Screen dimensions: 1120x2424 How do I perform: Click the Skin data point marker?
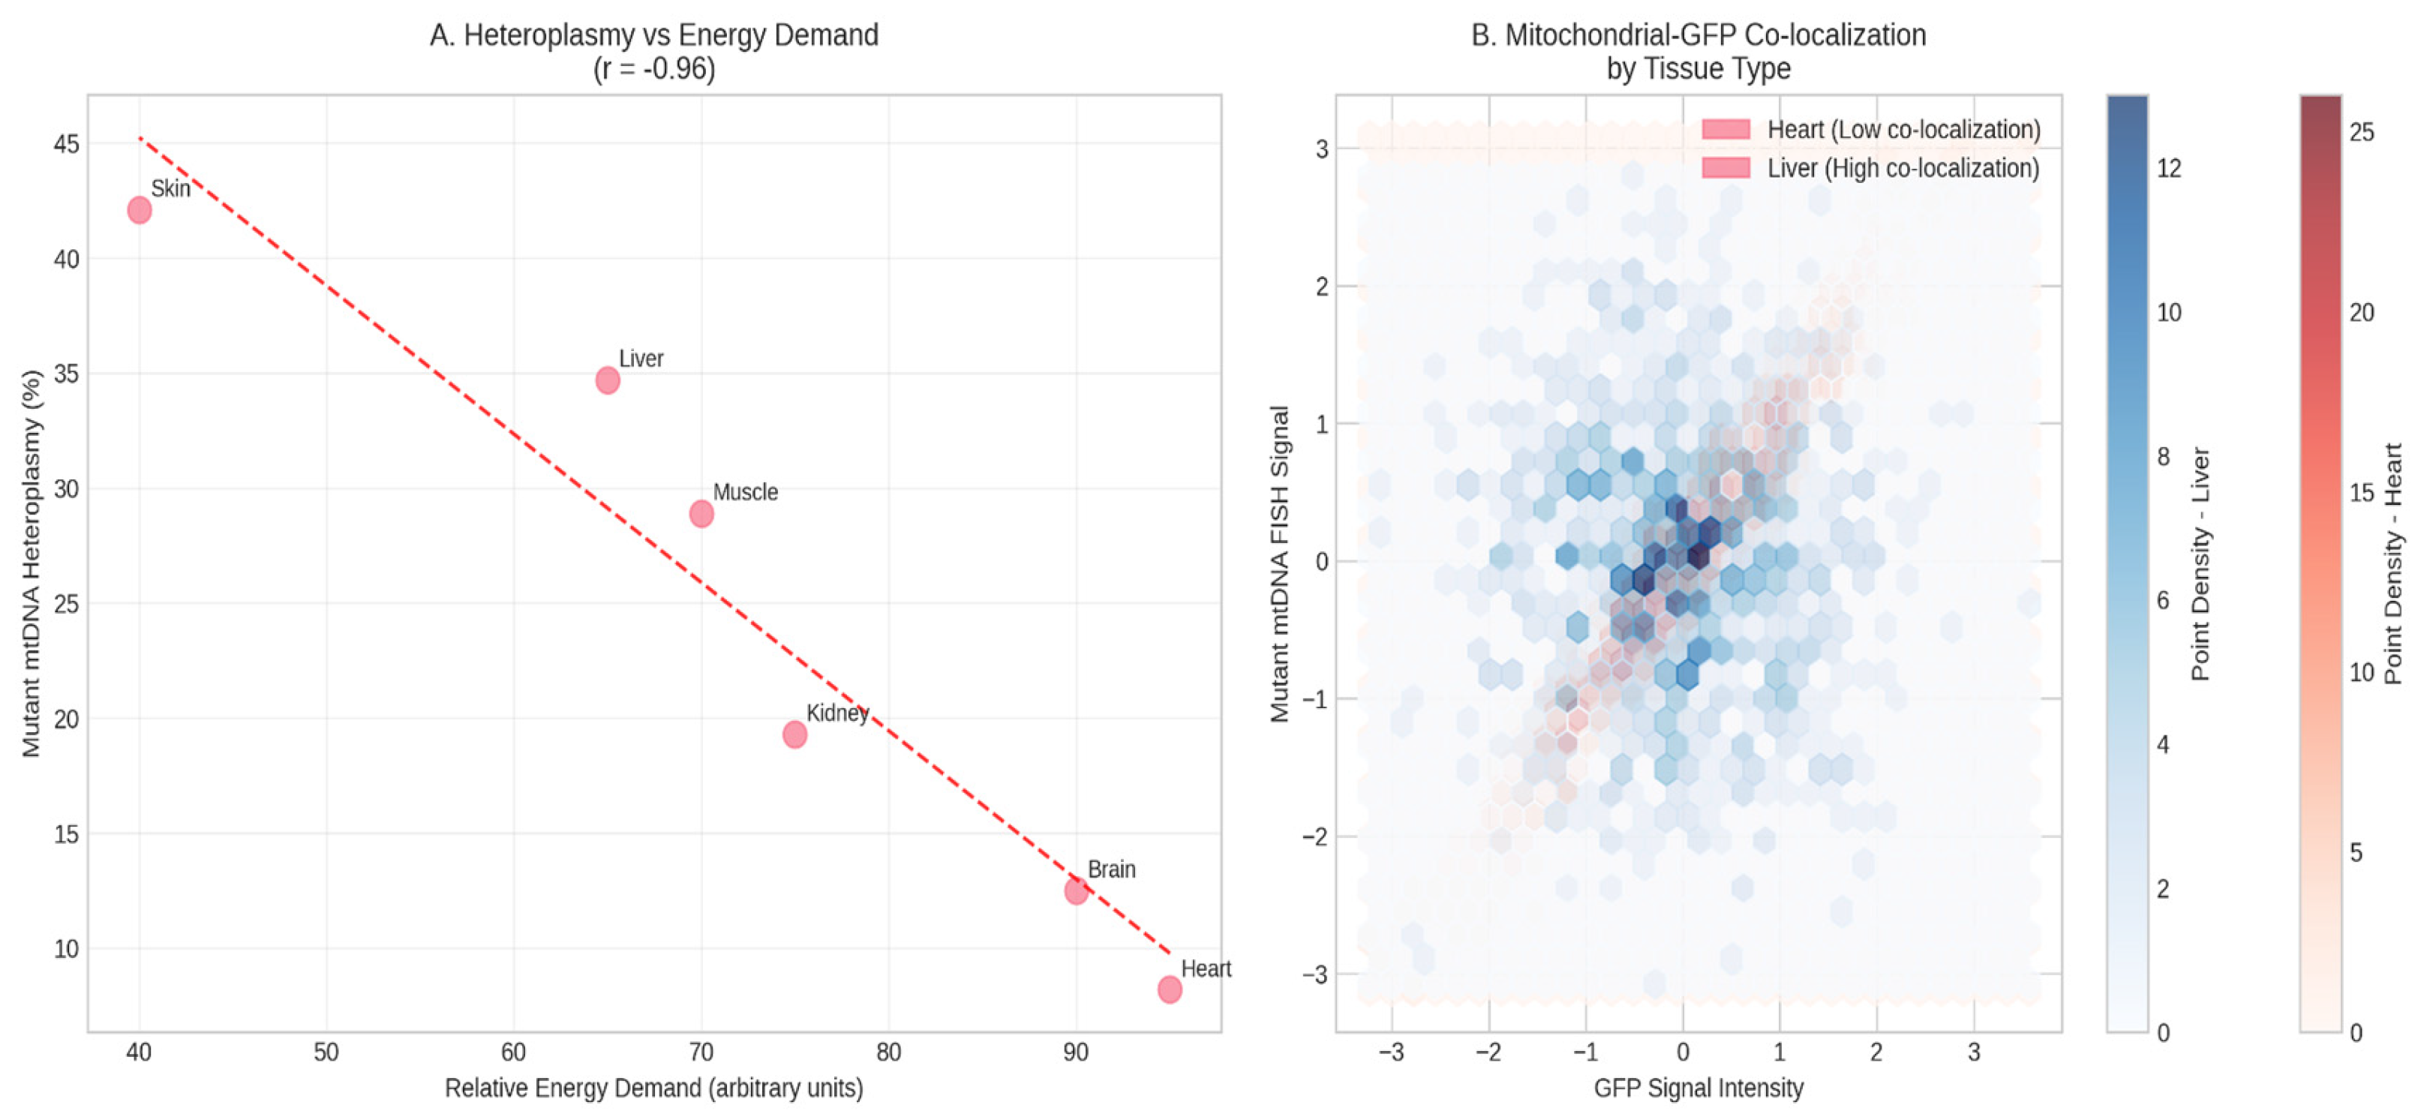tap(140, 210)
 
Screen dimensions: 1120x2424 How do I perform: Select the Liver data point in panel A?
tap(608, 380)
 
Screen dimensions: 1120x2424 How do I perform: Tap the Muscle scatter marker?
tap(701, 514)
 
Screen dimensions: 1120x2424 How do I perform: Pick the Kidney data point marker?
tap(795, 734)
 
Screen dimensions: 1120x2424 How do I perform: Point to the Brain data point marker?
tap(1077, 890)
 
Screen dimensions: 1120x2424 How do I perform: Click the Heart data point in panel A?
tap(1170, 989)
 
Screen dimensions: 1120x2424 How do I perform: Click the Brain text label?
tap(1111, 869)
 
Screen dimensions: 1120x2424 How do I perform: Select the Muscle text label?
tap(745, 492)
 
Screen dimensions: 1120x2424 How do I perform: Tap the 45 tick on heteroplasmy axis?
tap(66, 144)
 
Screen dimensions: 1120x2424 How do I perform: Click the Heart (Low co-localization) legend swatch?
tap(1726, 129)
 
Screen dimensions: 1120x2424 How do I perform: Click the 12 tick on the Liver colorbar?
tap(2169, 169)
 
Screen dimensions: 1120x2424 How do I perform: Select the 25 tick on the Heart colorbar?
tap(2362, 132)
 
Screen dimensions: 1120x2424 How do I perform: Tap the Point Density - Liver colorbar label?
tap(2200, 564)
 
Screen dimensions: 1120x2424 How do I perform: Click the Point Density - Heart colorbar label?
tap(2394, 564)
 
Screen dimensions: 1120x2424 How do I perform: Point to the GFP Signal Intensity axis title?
tap(1699, 1088)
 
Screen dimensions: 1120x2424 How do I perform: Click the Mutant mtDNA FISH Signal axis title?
tap(1280, 564)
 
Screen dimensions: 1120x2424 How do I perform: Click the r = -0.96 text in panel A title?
tap(654, 70)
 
